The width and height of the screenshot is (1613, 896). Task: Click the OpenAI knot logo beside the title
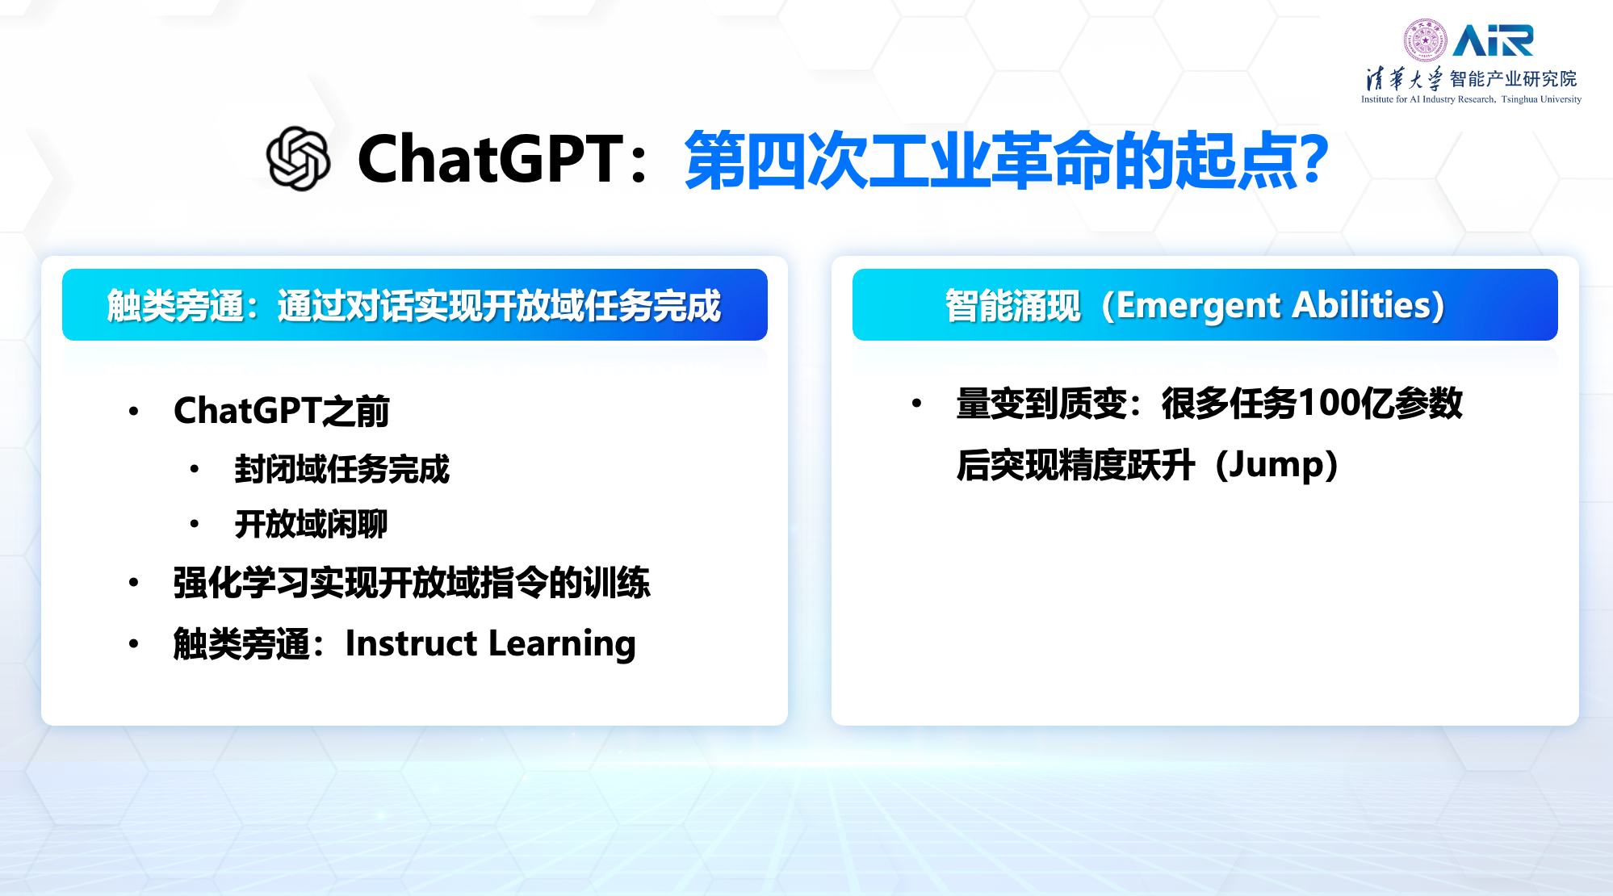(x=298, y=158)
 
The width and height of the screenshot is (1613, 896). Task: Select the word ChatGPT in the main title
(x=490, y=159)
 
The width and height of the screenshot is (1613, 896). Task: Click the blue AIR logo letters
(x=1493, y=40)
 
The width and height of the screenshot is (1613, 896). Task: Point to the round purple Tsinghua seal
(x=1425, y=40)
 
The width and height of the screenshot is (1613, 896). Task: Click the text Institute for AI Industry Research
(x=1428, y=99)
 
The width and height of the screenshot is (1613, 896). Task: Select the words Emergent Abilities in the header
(x=1273, y=305)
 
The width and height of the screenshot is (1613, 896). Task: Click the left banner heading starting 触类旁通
(x=414, y=305)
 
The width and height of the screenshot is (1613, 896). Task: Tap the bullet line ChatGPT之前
(x=282, y=410)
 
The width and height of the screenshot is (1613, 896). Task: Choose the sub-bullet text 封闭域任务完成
(x=341, y=469)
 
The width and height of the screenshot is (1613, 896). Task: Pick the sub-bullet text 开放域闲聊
(x=311, y=524)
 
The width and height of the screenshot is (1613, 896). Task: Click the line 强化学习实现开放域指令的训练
(x=412, y=583)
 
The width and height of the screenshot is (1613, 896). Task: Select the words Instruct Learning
(x=490, y=643)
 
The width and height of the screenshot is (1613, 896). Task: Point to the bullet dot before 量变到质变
(x=916, y=403)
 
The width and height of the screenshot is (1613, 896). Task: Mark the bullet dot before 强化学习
(x=134, y=583)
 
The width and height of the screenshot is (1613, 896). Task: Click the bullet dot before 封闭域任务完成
(x=195, y=469)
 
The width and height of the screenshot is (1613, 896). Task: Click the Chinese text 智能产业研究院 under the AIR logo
(x=1513, y=78)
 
